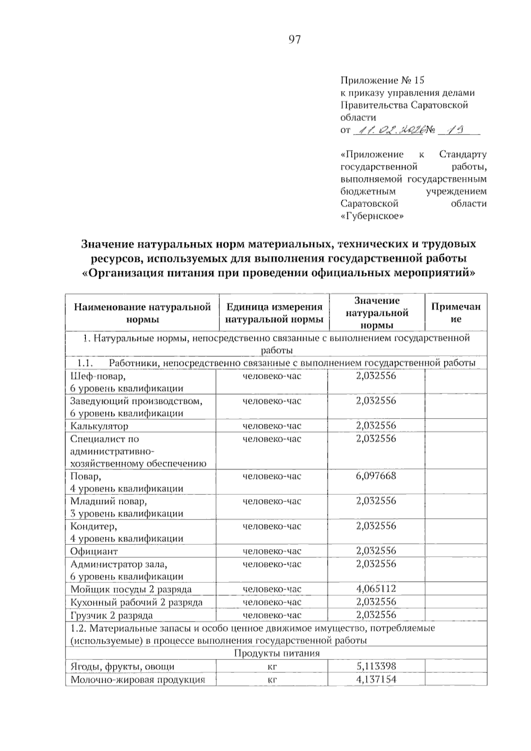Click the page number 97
(294, 40)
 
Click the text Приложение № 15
(382, 81)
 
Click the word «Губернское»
(373, 216)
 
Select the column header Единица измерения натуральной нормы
(274, 313)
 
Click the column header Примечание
(455, 312)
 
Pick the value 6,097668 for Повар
(376, 476)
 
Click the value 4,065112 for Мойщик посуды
(376, 589)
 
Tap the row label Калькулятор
(99, 426)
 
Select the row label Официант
(94, 551)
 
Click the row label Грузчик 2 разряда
(112, 615)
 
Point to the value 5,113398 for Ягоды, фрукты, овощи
(376, 666)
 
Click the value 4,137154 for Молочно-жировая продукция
(376, 679)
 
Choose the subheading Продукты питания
(276, 654)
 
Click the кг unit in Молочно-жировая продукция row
(272, 680)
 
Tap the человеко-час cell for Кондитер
(272, 526)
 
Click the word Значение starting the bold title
(108, 244)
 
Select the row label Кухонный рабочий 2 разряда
(136, 602)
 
